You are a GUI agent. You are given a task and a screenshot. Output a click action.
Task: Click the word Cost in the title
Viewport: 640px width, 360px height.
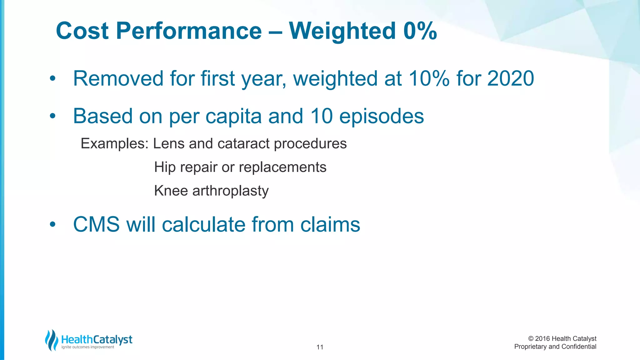(x=82, y=31)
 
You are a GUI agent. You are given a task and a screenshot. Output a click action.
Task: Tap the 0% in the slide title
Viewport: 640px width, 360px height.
(x=420, y=31)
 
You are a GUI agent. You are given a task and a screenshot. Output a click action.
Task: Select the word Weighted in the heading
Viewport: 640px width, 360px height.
(x=342, y=31)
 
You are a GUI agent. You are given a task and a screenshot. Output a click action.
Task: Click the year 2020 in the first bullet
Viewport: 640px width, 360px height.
(x=510, y=78)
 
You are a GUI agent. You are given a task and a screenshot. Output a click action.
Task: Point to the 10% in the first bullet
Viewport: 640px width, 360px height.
(x=429, y=78)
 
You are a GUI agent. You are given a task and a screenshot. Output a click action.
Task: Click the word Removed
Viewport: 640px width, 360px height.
(x=118, y=78)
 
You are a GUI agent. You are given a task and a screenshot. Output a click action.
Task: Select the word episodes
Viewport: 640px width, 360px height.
(x=381, y=116)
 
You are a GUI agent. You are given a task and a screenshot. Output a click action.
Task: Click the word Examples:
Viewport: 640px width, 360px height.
(x=114, y=144)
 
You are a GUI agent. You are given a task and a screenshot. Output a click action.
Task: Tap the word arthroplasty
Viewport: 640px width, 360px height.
(x=230, y=191)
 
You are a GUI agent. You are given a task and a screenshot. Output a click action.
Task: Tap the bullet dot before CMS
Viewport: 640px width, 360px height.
(x=52, y=224)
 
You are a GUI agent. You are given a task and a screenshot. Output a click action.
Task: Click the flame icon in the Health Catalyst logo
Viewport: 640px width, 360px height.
(x=52, y=340)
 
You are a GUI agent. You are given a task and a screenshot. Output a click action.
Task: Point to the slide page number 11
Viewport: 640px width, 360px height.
(x=320, y=347)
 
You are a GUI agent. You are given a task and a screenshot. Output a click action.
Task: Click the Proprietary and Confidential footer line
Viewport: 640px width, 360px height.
(x=555, y=347)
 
